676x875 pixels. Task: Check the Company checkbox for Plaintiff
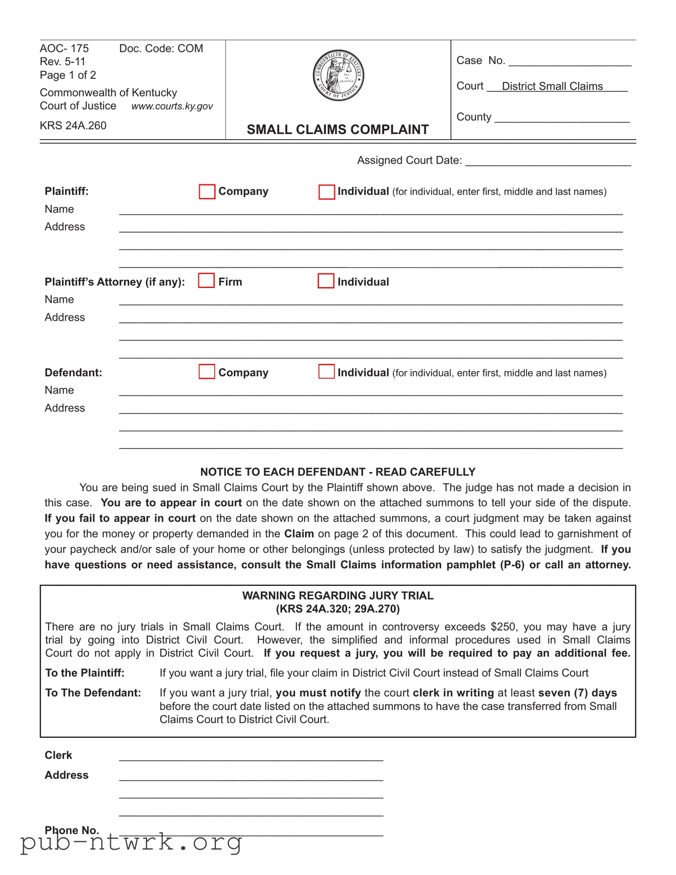click(x=207, y=192)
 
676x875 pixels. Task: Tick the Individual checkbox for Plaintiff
click(x=326, y=192)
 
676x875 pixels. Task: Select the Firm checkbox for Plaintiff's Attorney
click(x=206, y=281)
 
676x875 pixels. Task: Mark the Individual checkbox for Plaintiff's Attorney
click(x=325, y=281)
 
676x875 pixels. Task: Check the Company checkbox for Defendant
click(x=207, y=372)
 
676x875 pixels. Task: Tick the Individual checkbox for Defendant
click(x=326, y=372)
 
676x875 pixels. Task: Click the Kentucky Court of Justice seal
click(x=338, y=75)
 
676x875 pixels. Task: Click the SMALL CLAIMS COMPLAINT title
click(x=337, y=130)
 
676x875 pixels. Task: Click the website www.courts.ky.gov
click(x=172, y=106)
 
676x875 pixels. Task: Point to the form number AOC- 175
click(x=64, y=48)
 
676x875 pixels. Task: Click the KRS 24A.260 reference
click(x=73, y=126)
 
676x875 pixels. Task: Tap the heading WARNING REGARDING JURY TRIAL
click(x=337, y=595)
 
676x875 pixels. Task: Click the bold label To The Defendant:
click(x=93, y=693)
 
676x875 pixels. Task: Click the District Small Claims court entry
click(x=552, y=86)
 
